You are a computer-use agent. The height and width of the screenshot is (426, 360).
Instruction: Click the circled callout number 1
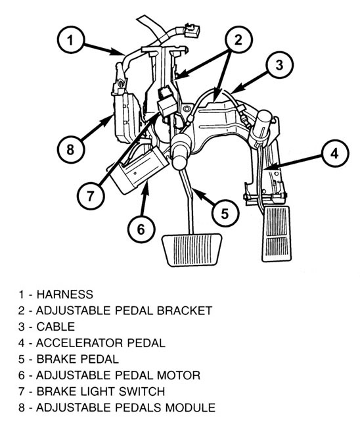point(70,40)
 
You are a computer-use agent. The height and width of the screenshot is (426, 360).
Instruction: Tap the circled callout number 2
point(238,39)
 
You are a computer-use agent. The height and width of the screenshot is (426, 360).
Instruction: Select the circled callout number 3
point(280,65)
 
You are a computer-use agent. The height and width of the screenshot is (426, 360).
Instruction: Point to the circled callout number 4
point(335,153)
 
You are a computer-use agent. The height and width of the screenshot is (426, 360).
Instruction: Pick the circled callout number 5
point(225,213)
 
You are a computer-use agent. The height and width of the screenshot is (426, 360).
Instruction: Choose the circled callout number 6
point(141,229)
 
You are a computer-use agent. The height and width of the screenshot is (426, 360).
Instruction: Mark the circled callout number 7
point(91,195)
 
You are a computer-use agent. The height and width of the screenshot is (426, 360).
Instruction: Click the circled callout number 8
point(70,149)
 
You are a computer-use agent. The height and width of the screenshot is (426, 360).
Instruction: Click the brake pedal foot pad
point(192,249)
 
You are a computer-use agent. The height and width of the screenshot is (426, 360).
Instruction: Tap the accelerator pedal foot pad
point(277,234)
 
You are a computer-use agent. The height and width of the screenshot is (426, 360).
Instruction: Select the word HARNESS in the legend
point(65,295)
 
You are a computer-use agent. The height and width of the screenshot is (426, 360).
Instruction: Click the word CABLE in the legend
point(56,327)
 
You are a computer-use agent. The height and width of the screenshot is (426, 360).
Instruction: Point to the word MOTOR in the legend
point(179,375)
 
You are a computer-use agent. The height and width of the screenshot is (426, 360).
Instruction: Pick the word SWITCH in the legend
point(142,391)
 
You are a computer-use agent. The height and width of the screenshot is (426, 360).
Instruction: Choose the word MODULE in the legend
point(191,408)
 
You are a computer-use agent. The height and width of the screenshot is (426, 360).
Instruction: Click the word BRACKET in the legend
point(185,310)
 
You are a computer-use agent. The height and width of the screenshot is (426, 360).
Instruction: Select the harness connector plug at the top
point(192,30)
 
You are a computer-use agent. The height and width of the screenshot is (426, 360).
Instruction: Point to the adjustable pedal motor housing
point(139,170)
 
